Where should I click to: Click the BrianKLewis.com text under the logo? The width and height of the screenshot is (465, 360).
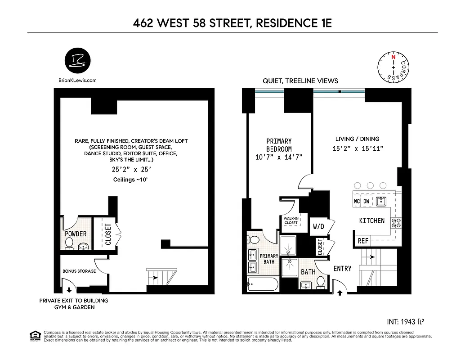[77, 81]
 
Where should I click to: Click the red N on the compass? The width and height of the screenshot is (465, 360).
[393, 57]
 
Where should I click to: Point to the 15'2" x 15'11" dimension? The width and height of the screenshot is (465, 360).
[358, 148]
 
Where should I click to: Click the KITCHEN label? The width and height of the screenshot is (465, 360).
[371, 220]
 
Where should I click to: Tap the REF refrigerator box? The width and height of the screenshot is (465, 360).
[363, 241]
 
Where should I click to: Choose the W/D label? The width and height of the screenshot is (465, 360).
[319, 227]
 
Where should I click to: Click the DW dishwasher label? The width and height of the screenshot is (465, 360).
[367, 201]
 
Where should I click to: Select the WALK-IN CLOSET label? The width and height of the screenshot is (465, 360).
[290, 220]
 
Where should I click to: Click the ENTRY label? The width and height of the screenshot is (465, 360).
[342, 269]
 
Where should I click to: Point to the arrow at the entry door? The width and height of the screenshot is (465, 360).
[340, 292]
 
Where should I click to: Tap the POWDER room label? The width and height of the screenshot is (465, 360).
[76, 234]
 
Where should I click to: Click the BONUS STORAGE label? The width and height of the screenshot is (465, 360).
[79, 271]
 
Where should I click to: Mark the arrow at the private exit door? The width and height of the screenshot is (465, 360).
[69, 291]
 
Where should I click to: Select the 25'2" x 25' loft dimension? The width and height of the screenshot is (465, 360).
[131, 170]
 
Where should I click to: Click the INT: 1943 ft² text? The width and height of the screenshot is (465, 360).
[406, 322]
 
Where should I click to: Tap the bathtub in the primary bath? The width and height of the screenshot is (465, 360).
[263, 285]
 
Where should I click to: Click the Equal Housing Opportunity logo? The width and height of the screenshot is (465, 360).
[34, 336]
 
